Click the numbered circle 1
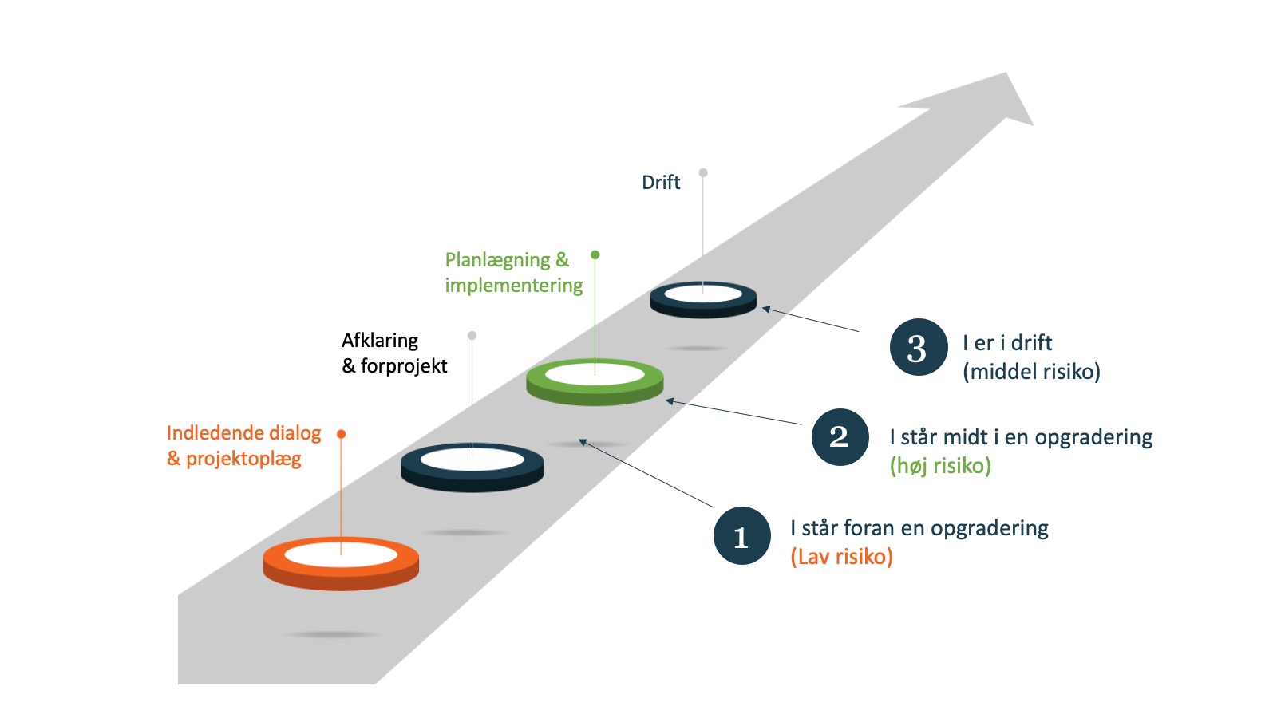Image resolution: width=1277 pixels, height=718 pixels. click(x=741, y=536)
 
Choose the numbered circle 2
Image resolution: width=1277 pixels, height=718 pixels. click(x=840, y=437)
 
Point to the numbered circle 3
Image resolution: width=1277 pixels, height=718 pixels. click(x=918, y=348)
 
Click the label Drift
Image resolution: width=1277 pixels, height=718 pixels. click(x=661, y=183)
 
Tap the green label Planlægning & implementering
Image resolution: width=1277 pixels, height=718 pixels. click(x=513, y=273)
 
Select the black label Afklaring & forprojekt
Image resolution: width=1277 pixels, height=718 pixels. click(x=394, y=353)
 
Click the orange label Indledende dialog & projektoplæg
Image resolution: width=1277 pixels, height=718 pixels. click(x=243, y=446)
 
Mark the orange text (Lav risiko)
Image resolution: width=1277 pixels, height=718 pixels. click(x=841, y=557)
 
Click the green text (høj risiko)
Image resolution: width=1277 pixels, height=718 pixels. click(x=940, y=466)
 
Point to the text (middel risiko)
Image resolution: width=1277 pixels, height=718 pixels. click(x=1031, y=372)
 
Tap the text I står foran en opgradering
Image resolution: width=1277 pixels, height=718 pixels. click(x=919, y=528)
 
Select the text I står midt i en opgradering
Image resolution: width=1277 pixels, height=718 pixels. click(x=1021, y=437)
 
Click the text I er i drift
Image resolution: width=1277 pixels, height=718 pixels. click(x=1007, y=343)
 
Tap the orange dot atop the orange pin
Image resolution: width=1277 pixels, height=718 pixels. click(x=341, y=434)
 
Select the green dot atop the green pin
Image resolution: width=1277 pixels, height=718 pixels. click(x=595, y=255)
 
